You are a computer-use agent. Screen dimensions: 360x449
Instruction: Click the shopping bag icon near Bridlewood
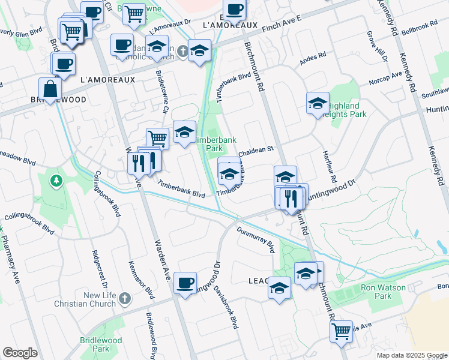50,89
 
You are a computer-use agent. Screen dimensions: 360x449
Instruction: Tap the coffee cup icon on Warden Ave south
185,282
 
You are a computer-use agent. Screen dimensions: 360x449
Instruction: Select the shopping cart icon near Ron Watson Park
341,331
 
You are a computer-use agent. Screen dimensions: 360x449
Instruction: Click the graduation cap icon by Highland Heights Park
317,104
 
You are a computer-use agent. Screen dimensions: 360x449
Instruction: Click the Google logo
20,353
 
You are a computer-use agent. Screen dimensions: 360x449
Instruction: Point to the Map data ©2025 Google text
411,355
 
